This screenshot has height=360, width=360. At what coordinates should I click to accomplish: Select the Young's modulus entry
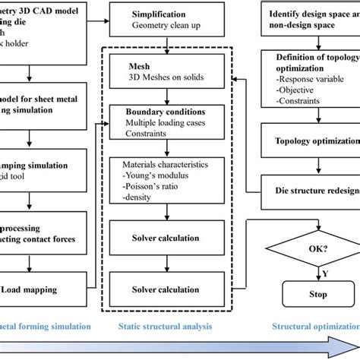pyautogui.click(x=152, y=172)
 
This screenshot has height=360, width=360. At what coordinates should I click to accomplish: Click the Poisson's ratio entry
pyautogui.click(x=150, y=185)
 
